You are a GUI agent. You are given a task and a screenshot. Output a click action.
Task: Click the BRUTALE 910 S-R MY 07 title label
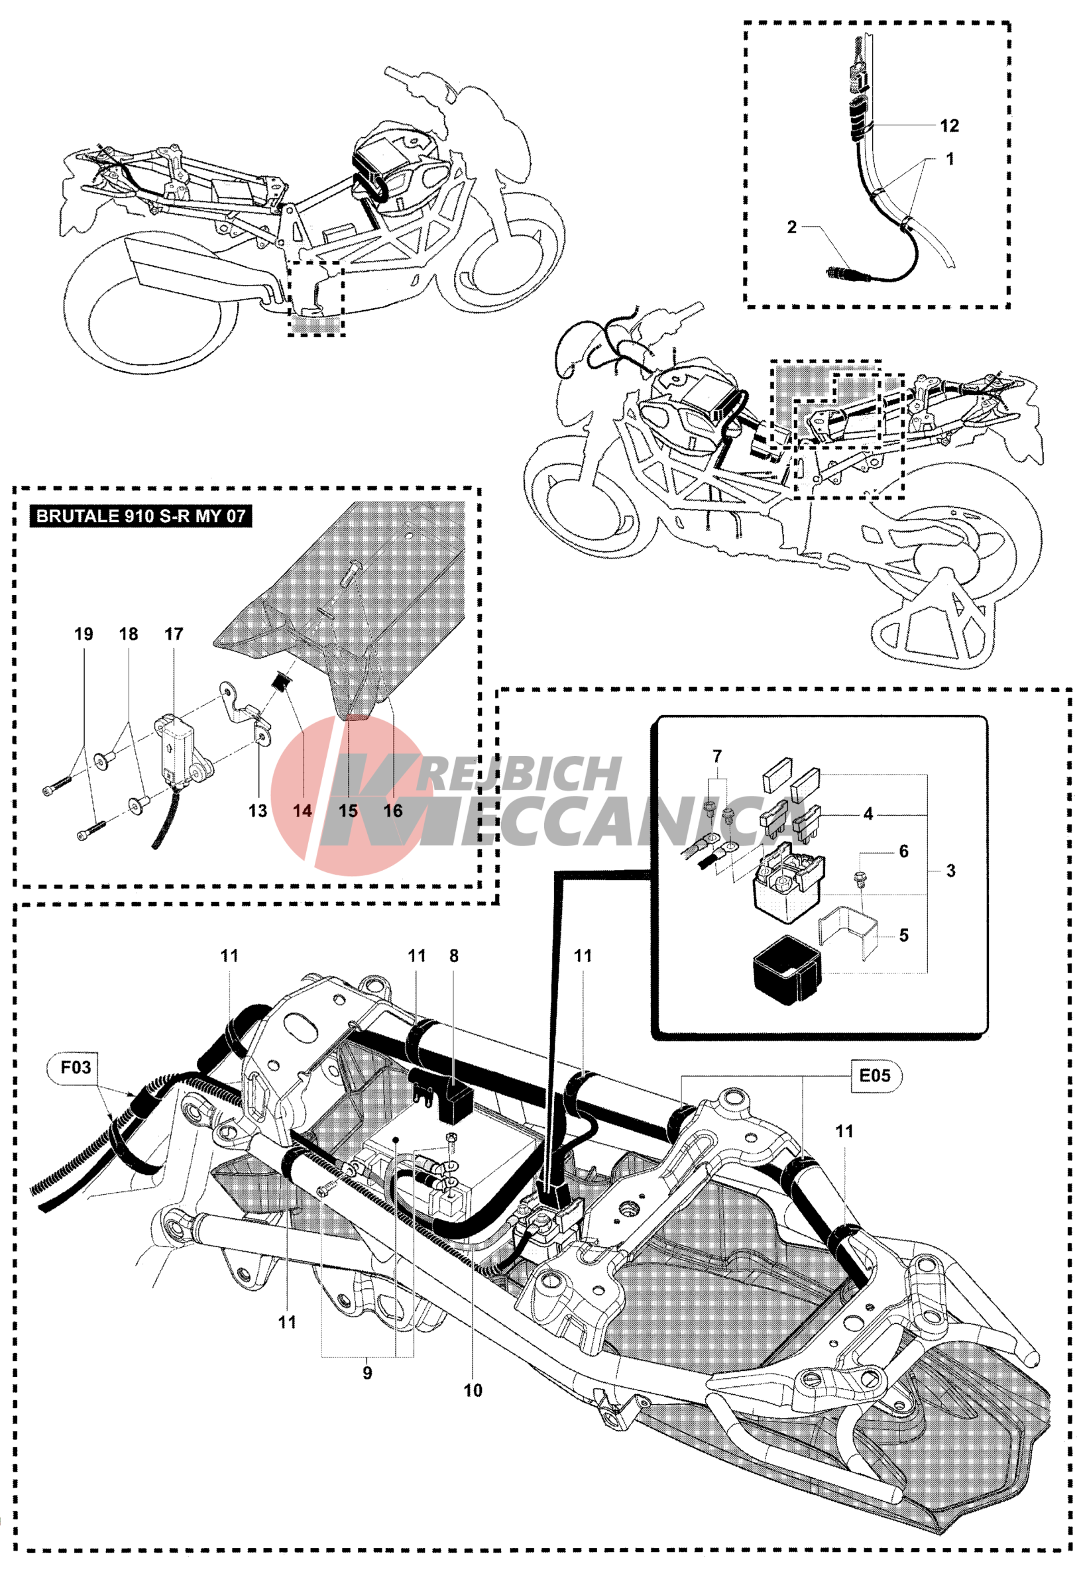click(x=141, y=516)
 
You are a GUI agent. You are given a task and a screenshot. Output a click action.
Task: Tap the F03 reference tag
click(x=76, y=1068)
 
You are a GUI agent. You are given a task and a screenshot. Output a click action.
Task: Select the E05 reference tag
click(x=874, y=1075)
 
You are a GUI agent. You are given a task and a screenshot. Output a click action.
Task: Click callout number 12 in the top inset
click(x=949, y=126)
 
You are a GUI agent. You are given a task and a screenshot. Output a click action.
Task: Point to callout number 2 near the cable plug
click(x=792, y=227)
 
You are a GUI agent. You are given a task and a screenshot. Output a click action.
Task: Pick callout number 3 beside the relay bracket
click(x=950, y=871)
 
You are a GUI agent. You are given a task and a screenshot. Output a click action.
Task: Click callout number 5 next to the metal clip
click(x=904, y=935)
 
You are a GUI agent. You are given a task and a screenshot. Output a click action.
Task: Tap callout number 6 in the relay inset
click(x=904, y=851)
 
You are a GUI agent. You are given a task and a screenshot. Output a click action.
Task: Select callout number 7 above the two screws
click(x=717, y=757)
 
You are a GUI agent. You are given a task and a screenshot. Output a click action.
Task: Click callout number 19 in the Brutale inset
click(x=84, y=634)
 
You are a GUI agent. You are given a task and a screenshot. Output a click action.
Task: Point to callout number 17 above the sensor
click(x=174, y=634)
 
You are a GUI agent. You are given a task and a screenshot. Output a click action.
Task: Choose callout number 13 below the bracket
click(x=257, y=810)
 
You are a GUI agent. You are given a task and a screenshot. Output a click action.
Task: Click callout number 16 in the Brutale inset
click(x=393, y=810)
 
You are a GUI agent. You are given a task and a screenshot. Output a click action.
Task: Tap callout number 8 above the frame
click(x=454, y=956)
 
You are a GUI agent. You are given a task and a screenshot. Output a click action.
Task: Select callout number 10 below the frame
click(x=473, y=1390)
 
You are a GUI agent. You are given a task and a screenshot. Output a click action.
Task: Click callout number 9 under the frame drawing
click(x=368, y=1372)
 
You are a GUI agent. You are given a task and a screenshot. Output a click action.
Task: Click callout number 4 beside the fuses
click(x=868, y=814)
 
